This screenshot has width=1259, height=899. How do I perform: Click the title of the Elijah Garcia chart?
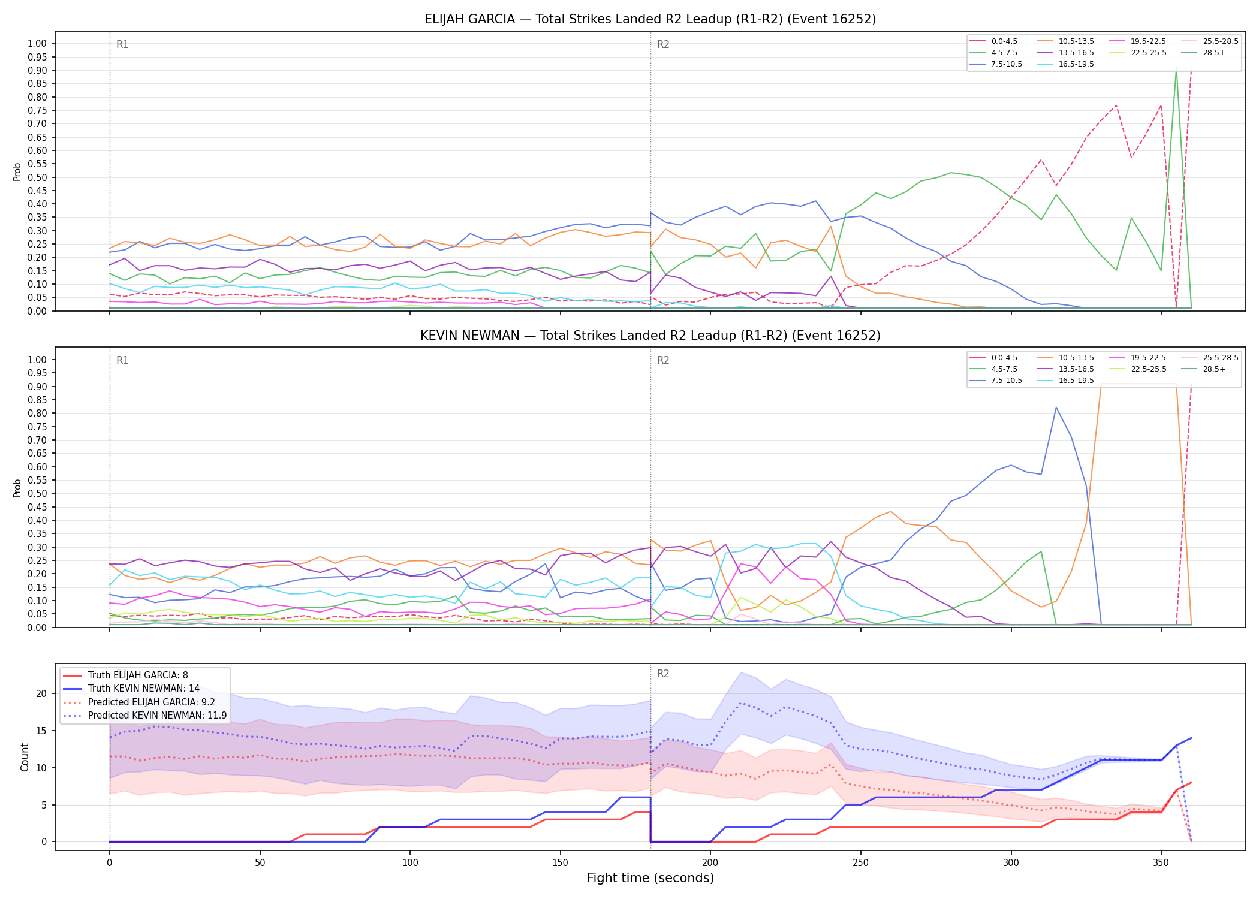click(650, 19)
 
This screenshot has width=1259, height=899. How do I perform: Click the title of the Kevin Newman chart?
click(650, 336)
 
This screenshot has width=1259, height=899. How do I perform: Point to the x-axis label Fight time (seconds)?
click(650, 878)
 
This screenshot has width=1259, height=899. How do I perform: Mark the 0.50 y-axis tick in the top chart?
click(37, 177)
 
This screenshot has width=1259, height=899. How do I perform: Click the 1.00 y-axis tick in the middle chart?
click(37, 360)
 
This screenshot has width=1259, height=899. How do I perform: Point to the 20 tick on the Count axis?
click(41, 694)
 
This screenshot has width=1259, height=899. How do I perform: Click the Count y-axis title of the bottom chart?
click(25, 757)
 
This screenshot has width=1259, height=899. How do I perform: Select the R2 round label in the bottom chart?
click(663, 674)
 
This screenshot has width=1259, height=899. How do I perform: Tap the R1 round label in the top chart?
click(122, 44)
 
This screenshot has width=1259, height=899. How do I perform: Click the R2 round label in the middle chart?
click(663, 360)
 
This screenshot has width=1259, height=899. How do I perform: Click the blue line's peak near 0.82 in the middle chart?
click(1056, 408)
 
